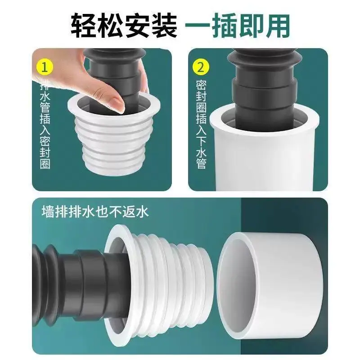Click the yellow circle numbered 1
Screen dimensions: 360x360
tap(45, 67)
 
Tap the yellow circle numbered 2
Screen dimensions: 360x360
tap(201, 67)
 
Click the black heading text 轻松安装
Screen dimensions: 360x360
tap(124, 26)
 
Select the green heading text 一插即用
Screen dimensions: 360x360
tap(237, 26)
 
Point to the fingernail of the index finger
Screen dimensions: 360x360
tap(117, 104)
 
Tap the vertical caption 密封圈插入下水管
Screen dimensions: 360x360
tap(201, 124)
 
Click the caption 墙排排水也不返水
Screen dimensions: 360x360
tap(95, 211)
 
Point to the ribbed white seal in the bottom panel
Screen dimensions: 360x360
tap(158, 285)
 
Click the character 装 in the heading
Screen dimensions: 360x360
tap(164, 26)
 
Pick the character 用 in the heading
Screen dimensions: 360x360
tap(277, 26)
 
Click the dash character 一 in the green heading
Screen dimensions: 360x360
tap(198, 25)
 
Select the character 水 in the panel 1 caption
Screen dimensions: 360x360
tap(45, 96)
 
